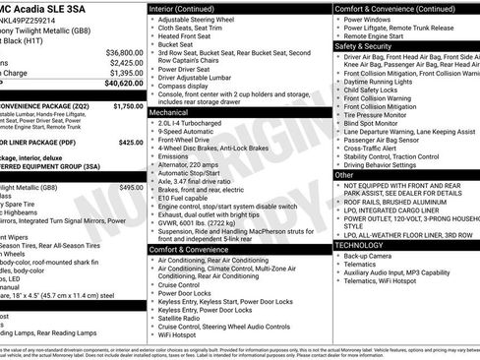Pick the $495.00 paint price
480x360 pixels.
pos(131,187)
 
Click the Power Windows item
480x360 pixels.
pos(369,20)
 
